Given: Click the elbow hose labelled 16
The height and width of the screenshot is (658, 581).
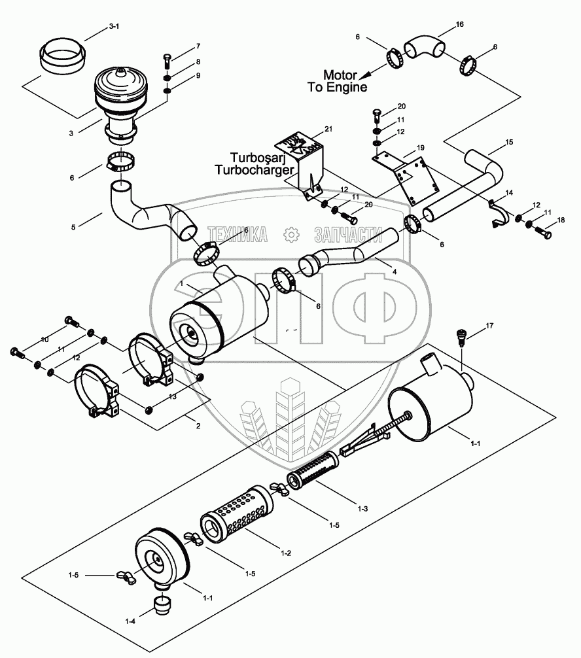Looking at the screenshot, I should click(424, 48).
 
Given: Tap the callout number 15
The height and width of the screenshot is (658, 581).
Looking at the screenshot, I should click(509, 142).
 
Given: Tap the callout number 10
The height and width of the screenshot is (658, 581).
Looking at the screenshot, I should click(45, 339).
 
